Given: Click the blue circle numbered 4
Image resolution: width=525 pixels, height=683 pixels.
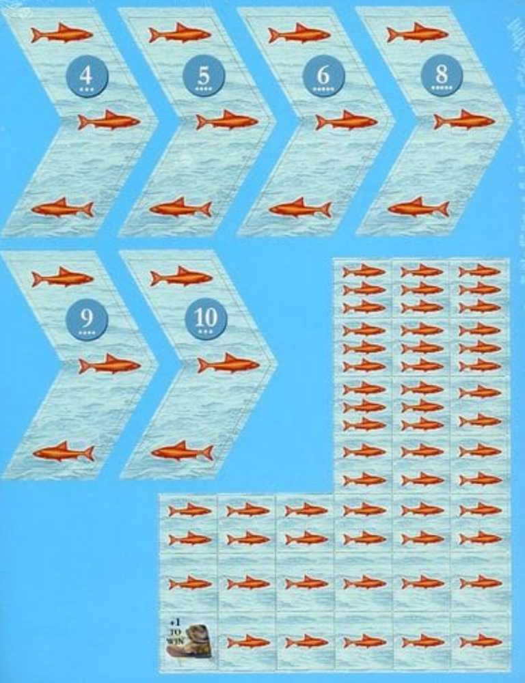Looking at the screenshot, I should coord(85,76).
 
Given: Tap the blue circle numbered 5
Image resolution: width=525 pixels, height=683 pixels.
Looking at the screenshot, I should coord(204,76).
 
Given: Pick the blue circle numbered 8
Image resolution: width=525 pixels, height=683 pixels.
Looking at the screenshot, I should coord(442,76).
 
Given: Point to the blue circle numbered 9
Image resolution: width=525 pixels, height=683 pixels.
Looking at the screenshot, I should coord(85,318).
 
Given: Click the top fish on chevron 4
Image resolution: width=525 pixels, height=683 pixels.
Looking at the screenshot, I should coord(62,33).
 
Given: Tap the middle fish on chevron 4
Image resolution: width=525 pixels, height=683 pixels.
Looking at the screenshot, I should coord(109,122).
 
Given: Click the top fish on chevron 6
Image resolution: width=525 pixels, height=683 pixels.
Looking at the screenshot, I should coord(299,33).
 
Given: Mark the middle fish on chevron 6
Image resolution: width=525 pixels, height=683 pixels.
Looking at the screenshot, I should coord(347,122).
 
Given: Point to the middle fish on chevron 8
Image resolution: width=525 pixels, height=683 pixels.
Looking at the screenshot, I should coord(465,122).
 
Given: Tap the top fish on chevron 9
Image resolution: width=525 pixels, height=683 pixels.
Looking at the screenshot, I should coord(62,277).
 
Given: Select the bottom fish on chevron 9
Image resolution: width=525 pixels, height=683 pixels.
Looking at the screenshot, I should coord(63,451).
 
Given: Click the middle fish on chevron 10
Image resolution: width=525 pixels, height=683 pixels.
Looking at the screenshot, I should coord(229,364).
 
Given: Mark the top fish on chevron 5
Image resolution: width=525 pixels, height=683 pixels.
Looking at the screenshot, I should coord(180,33).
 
